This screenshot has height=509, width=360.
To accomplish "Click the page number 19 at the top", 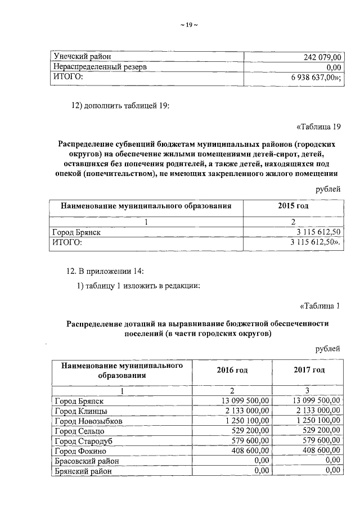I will click(x=189, y=25).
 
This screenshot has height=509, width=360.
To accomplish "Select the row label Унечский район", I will click(x=82, y=57).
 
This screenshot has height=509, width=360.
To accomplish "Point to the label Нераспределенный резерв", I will click(x=100, y=67).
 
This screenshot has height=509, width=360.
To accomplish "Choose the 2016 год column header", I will click(x=232, y=370).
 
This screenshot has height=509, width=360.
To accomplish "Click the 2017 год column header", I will click(x=309, y=370).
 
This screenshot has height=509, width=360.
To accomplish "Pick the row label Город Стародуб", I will click(x=82, y=441).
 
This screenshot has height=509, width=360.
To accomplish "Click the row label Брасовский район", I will click(x=85, y=461).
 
